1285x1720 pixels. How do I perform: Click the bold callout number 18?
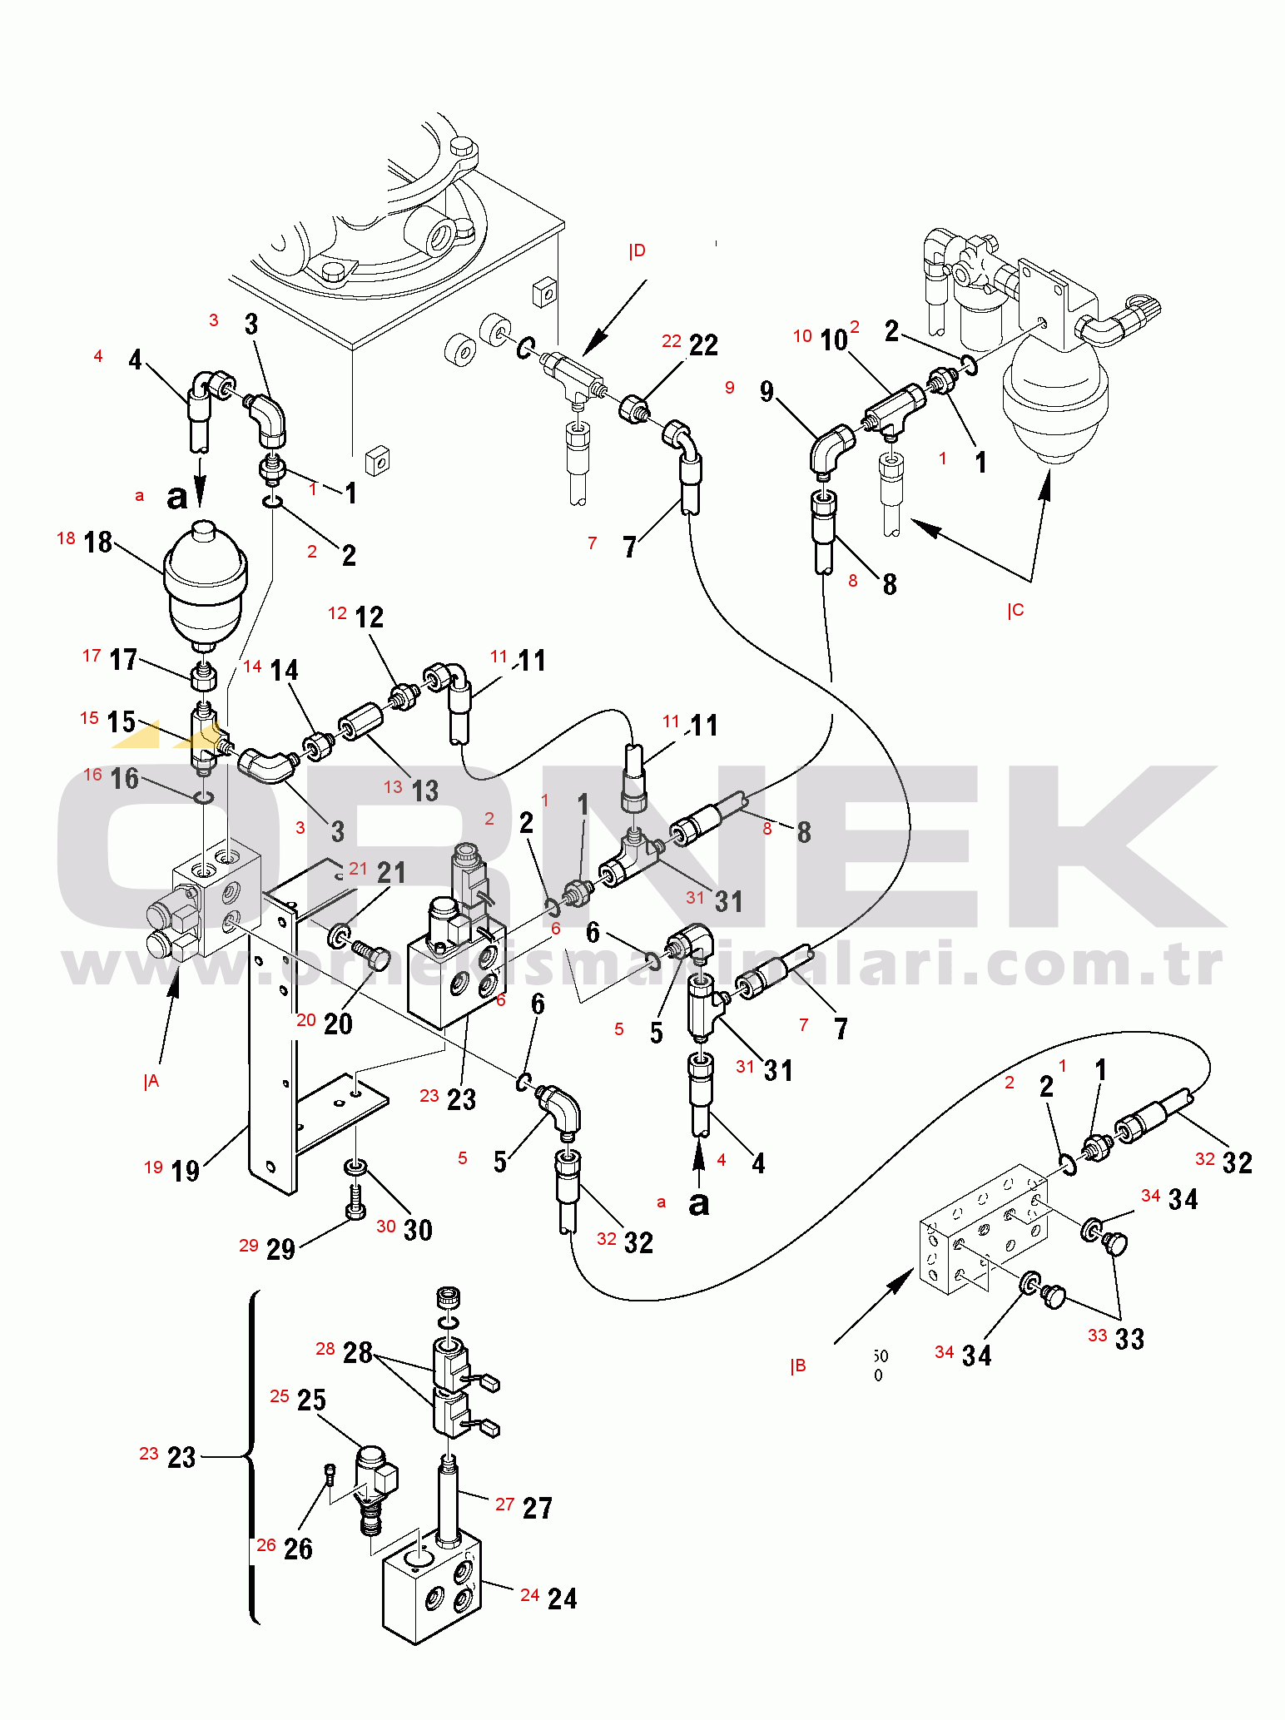point(98,542)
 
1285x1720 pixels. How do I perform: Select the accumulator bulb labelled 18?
point(205,582)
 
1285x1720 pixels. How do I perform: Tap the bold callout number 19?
point(185,1171)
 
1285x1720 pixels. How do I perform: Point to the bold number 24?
point(563,1598)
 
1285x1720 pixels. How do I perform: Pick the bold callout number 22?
point(703,344)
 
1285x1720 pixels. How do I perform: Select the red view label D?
point(637,250)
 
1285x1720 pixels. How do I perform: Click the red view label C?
point(1015,611)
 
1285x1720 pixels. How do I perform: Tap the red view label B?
point(797,1366)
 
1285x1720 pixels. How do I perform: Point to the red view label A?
point(151,1081)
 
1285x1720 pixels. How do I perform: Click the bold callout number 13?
point(424,790)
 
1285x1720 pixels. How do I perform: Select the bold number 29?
point(280,1249)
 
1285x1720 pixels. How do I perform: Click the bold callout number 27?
point(538,1508)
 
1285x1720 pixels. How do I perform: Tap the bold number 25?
point(311,1400)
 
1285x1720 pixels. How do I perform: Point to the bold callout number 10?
point(833,340)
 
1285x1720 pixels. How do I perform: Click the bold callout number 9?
point(767,391)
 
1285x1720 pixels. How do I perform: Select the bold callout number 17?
point(123,660)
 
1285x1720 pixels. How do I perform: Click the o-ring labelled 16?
point(203,798)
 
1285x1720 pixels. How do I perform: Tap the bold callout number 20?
point(338,1024)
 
